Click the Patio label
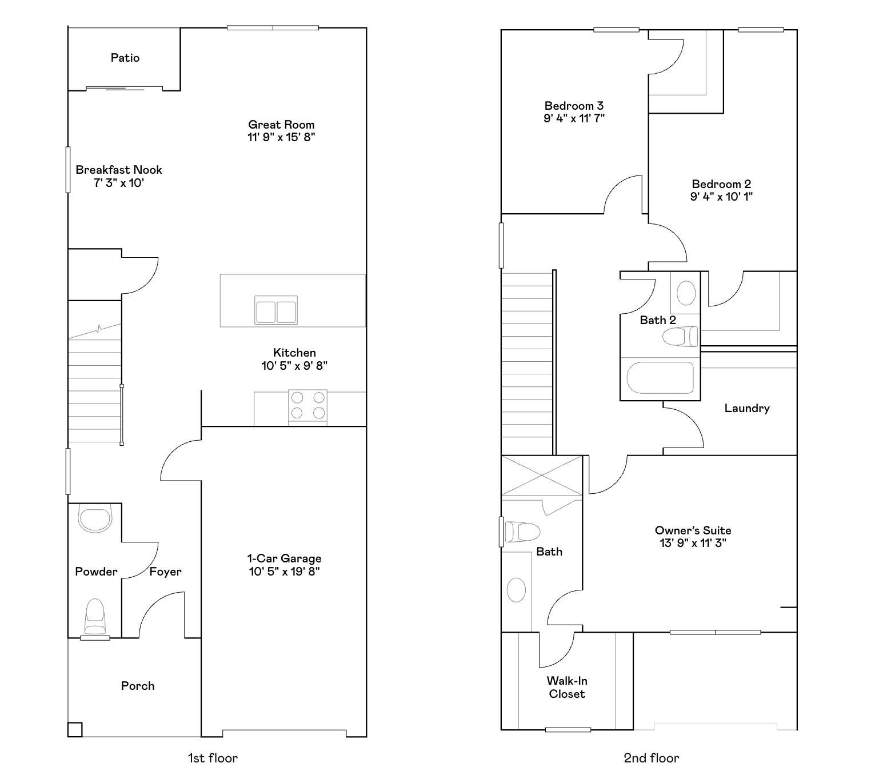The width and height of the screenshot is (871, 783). coord(125,58)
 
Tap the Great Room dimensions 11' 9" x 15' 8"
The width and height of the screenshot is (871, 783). coord(281,137)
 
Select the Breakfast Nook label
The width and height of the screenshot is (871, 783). coord(118,170)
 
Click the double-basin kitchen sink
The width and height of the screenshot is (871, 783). coord(275,310)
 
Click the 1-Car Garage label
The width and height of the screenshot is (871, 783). coord(285,558)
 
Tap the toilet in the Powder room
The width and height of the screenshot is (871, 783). coord(95,616)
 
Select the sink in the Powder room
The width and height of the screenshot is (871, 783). coord(95,518)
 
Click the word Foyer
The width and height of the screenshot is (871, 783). coord(165,572)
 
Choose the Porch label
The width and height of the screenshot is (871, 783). coord(138,686)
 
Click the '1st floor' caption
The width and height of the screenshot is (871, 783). coord(213,758)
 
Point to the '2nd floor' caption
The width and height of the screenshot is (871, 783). coord(652,758)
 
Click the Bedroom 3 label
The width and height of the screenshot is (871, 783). coord(574,106)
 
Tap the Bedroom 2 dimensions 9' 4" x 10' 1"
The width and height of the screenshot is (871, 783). coord(721,197)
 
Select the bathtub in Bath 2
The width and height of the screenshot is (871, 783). coord(660,377)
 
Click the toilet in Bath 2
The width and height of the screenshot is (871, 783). coord(680,337)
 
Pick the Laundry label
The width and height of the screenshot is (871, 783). coord(747,408)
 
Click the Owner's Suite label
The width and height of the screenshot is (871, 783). coord(693,530)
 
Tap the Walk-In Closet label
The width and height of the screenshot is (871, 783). coord(567,687)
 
